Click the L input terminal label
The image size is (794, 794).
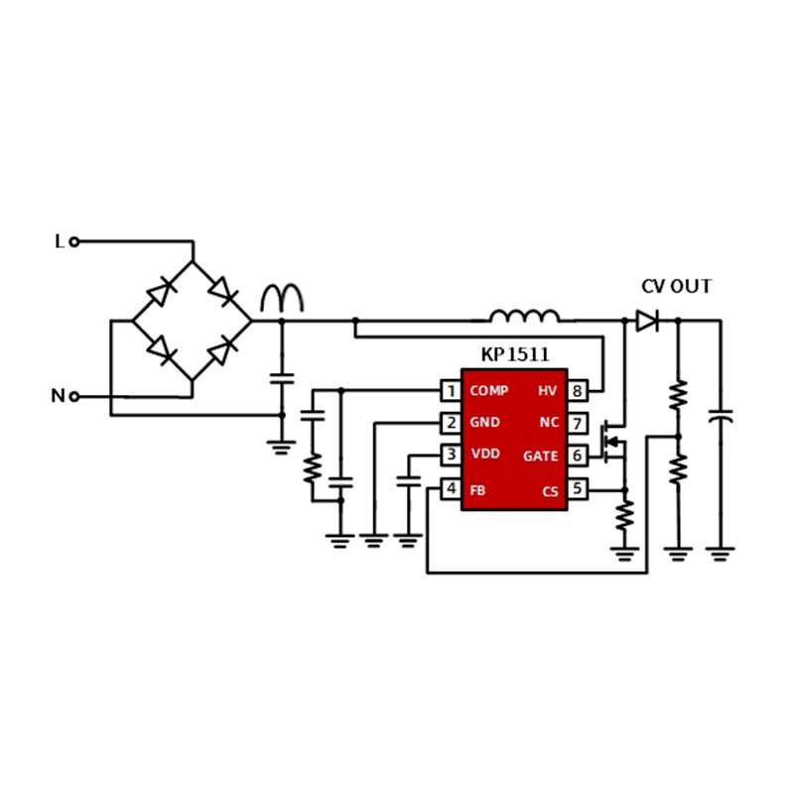tap(60, 241)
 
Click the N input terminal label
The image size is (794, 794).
tap(58, 396)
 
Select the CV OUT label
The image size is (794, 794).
tap(676, 287)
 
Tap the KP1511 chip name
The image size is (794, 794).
tap(514, 354)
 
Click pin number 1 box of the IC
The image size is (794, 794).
tap(452, 391)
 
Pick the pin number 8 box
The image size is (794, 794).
tap(577, 391)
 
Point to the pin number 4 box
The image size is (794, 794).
tap(452, 489)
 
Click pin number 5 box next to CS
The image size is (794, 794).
tap(577, 489)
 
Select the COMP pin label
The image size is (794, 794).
tap(488, 391)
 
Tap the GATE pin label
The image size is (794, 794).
tap(541, 457)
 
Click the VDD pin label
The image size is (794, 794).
tap(485, 455)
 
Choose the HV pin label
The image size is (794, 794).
tap(547, 391)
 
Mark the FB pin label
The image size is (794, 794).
tap(477, 489)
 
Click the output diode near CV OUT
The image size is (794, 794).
tap(647, 321)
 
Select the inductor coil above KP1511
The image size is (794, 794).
tap(523, 317)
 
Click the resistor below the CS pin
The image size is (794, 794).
tap(624, 515)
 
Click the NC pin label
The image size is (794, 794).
tap(549, 423)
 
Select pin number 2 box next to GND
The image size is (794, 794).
tap(452, 423)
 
